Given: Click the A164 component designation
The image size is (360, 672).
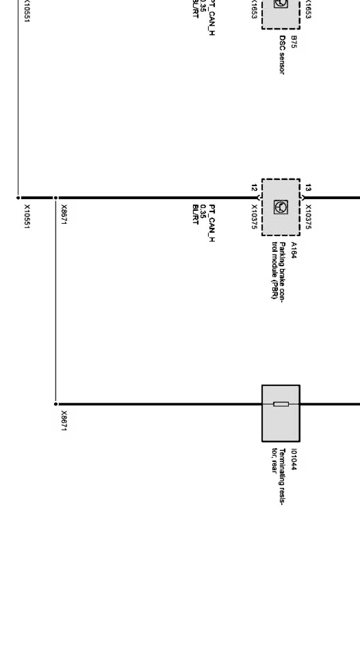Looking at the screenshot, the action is (x=294, y=250).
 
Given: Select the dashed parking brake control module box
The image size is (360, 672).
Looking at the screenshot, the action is (x=281, y=207).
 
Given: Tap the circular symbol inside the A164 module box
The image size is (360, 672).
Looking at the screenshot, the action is (x=281, y=207).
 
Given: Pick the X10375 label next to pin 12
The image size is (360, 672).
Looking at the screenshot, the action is (x=254, y=217).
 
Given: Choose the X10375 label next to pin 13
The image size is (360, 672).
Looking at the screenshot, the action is (x=308, y=217).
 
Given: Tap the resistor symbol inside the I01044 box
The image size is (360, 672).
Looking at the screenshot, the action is (x=281, y=404).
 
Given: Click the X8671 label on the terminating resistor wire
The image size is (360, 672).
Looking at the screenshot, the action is (x=64, y=421).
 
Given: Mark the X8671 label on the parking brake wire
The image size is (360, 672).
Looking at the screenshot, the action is (x=64, y=215).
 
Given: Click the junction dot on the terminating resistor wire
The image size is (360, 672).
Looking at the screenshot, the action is (x=56, y=404).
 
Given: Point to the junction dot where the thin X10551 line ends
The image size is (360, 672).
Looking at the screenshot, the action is (x=18, y=198).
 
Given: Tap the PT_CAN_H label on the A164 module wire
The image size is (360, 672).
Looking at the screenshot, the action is (x=212, y=223).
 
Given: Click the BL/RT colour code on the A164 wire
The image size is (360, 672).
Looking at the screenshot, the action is (x=196, y=215).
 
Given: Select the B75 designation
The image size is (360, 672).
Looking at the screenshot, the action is (x=294, y=42).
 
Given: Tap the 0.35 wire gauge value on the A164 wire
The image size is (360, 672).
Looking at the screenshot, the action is (x=203, y=211).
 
